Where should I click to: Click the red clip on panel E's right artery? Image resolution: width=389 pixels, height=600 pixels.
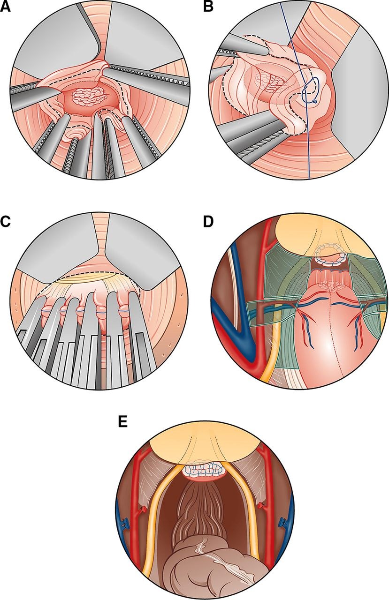click(x=260, y=505)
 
